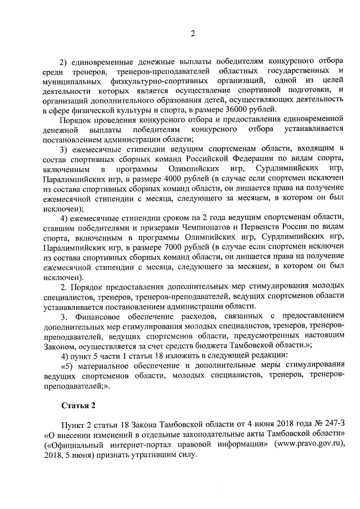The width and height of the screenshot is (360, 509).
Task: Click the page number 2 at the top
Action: coord(192,33)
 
